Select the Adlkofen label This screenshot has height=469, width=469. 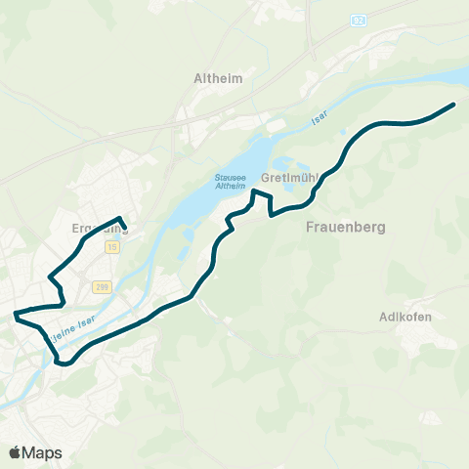(405, 317)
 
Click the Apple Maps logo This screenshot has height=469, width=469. (36, 452)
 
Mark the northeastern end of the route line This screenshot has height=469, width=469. (454, 104)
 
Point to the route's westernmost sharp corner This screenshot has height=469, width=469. (15, 315)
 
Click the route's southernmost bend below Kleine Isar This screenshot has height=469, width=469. (62, 363)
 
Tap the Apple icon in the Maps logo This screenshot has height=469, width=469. (15, 451)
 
